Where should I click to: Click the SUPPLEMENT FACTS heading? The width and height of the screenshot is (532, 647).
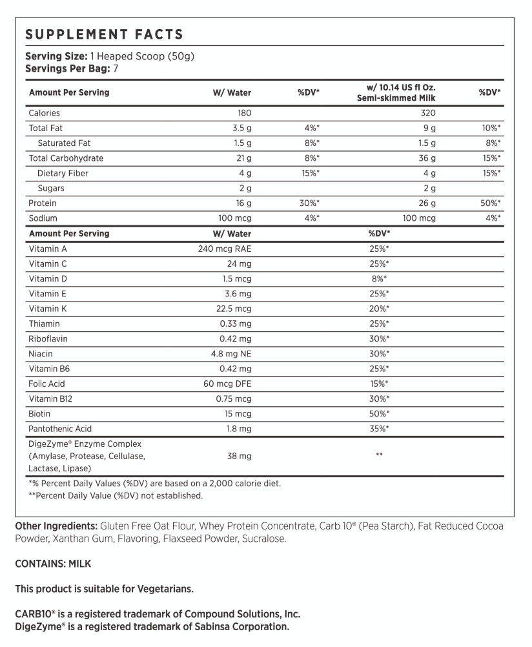click(104, 35)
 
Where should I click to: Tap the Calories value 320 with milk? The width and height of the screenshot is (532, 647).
click(427, 113)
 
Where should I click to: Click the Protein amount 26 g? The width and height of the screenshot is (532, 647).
click(427, 203)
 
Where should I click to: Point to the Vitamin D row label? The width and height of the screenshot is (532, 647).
click(48, 278)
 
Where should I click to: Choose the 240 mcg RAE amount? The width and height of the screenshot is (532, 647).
click(224, 249)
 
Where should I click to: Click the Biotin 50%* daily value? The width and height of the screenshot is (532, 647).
click(379, 414)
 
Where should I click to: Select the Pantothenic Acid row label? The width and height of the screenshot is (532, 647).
click(60, 429)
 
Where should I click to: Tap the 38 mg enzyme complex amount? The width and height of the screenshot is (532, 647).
click(240, 457)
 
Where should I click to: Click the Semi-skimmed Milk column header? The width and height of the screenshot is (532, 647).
click(396, 98)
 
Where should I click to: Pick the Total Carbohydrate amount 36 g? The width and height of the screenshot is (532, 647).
click(427, 158)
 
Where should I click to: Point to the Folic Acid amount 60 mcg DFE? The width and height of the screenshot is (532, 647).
click(227, 384)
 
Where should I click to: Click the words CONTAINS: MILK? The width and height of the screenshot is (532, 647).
click(53, 564)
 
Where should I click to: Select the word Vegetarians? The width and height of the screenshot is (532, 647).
click(164, 589)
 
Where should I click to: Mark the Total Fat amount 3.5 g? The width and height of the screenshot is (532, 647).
click(241, 128)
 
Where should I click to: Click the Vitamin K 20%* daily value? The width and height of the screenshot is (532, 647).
click(379, 309)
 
